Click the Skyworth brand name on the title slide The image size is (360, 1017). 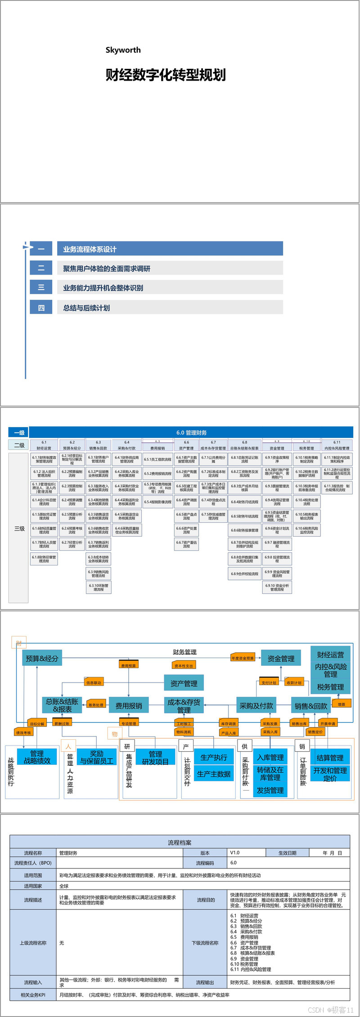tap(123, 50)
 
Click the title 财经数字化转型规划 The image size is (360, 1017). tap(165, 75)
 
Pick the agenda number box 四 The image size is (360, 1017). tap(41, 307)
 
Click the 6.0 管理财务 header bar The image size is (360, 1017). tap(191, 433)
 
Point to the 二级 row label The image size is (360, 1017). tap(19, 445)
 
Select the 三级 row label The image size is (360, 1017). tap(19, 529)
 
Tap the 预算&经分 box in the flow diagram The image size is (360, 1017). tap(42, 658)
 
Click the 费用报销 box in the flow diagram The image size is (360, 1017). tap(129, 705)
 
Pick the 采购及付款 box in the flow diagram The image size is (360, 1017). tap(256, 705)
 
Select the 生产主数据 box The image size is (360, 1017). tap(214, 774)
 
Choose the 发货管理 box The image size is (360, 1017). tap(270, 790)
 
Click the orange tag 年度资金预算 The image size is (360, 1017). tap(243, 658)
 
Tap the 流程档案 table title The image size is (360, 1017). tap(180, 842)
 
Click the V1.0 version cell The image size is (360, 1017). tap(234, 853)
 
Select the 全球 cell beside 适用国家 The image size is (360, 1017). tap(64, 886)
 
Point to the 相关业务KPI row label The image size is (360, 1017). tap(33, 995)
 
